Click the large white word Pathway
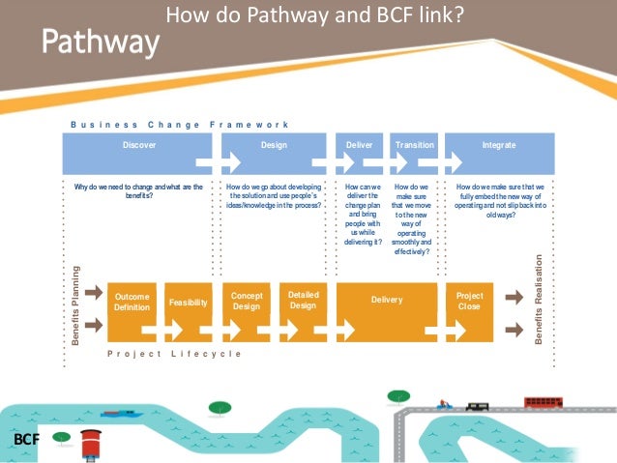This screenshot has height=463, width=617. tap(101, 42)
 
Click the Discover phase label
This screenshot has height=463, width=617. tap(138, 145)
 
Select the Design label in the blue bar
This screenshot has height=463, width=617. tap(274, 145)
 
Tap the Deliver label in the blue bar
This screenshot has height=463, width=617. tap(359, 145)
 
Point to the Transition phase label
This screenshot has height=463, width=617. tap(415, 145)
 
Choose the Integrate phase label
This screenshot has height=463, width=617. tap(499, 145)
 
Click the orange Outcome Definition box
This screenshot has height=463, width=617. tap(132, 302)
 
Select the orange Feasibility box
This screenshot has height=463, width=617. tap(188, 303)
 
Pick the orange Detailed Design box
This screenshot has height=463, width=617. tap(303, 301)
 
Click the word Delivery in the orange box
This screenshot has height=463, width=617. tap(387, 301)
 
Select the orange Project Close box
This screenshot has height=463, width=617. tap(469, 302)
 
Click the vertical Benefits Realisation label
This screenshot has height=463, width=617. tap(539, 300)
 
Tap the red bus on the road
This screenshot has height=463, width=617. tap(543, 401)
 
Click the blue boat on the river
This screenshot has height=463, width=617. tap(121, 414)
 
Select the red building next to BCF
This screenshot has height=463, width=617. tap(92, 442)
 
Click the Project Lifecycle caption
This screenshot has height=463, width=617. tap(173, 355)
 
